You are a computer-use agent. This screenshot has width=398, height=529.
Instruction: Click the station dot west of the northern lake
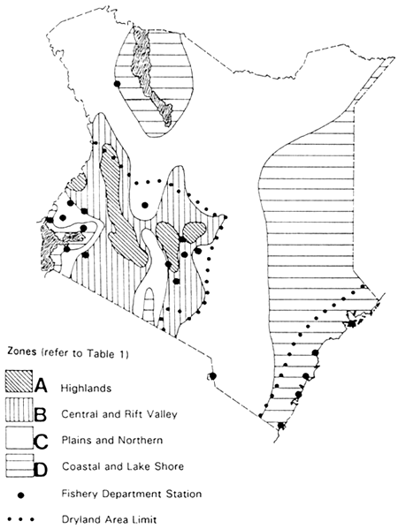(x=116, y=84)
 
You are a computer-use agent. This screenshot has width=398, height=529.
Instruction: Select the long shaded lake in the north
(x=151, y=79)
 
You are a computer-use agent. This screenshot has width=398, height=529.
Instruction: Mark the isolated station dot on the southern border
(x=213, y=376)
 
